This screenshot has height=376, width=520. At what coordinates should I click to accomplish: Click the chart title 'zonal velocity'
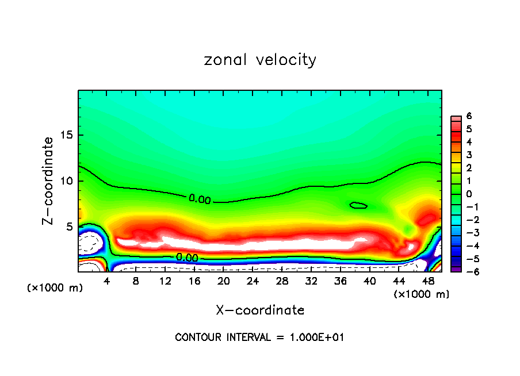point(260,60)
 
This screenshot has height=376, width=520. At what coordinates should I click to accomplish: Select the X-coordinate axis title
point(260,310)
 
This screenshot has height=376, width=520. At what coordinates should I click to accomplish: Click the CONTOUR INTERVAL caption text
point(259,337)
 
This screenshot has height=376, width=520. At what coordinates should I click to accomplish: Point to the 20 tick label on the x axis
point(224,281)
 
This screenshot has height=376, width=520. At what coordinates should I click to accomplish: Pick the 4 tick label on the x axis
point(107,281)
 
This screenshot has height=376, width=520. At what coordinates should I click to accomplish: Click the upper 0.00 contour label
point(200,199)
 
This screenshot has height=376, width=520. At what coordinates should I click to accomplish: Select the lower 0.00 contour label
point(188,258)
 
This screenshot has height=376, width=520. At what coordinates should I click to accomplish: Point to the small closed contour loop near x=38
point(358,205)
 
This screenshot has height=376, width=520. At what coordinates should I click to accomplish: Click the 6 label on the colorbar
point(469,116)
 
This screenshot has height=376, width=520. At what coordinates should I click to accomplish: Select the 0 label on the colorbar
point(469,194)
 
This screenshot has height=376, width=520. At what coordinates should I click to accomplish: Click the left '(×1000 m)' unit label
point(55,288)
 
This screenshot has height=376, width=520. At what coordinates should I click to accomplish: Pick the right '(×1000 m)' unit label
point(422,294)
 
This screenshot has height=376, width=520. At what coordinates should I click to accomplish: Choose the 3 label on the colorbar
point(469,155)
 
